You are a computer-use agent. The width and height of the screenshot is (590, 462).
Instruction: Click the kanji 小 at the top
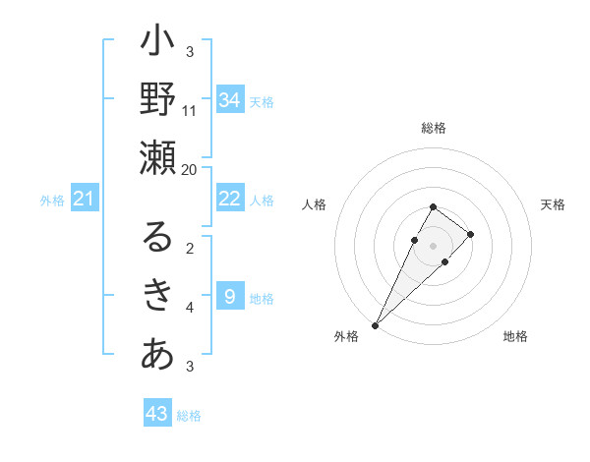[x=158, y=45]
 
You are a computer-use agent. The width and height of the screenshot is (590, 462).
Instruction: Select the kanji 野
[x=158, y=99]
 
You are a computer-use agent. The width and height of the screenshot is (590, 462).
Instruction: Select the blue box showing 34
[x=230, y=100]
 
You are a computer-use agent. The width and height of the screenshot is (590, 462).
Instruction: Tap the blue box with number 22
[x=230, y=199]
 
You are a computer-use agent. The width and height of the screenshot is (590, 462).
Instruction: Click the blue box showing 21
[x=85, y=200]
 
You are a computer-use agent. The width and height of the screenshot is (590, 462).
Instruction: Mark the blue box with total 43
[x=157, y=414]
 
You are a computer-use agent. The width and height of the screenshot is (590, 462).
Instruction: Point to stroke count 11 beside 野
[x=190, y=110]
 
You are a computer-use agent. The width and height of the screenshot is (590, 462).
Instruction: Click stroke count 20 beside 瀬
[x=190, y=169]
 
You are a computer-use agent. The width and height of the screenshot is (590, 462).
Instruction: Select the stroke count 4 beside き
[x=190, y=308]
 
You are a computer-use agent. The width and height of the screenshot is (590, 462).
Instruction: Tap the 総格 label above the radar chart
[x=434, y=128]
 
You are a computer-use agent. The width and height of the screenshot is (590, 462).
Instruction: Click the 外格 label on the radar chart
[x=346, y=337]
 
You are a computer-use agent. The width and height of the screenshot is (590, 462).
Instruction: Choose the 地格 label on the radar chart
[x=515, y=337]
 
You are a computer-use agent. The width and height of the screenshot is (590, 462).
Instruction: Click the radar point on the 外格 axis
[x=375, y=324]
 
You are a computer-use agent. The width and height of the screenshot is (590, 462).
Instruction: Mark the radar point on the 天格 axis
[x=471, y=234]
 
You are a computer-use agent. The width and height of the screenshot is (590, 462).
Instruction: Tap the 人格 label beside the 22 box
[x=262, y=200]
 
